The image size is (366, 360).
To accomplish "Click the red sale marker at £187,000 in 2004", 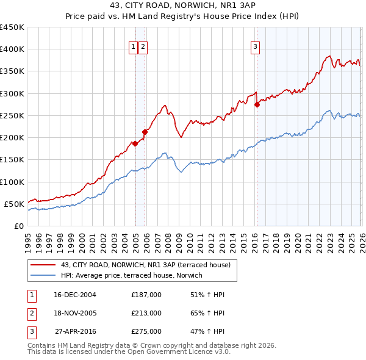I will click(x=135, y=144).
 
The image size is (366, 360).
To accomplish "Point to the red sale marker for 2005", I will click(x=145, y=132).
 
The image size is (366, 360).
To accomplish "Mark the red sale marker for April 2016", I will click(x=257, y=104).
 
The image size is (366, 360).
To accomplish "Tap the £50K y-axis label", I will click(x=15, y=204).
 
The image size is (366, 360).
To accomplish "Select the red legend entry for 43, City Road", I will click(x=145, y=265).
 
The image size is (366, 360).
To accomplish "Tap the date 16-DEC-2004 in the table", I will click(x=75, y=295).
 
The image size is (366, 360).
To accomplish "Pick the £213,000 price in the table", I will click(x=146, y=313).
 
